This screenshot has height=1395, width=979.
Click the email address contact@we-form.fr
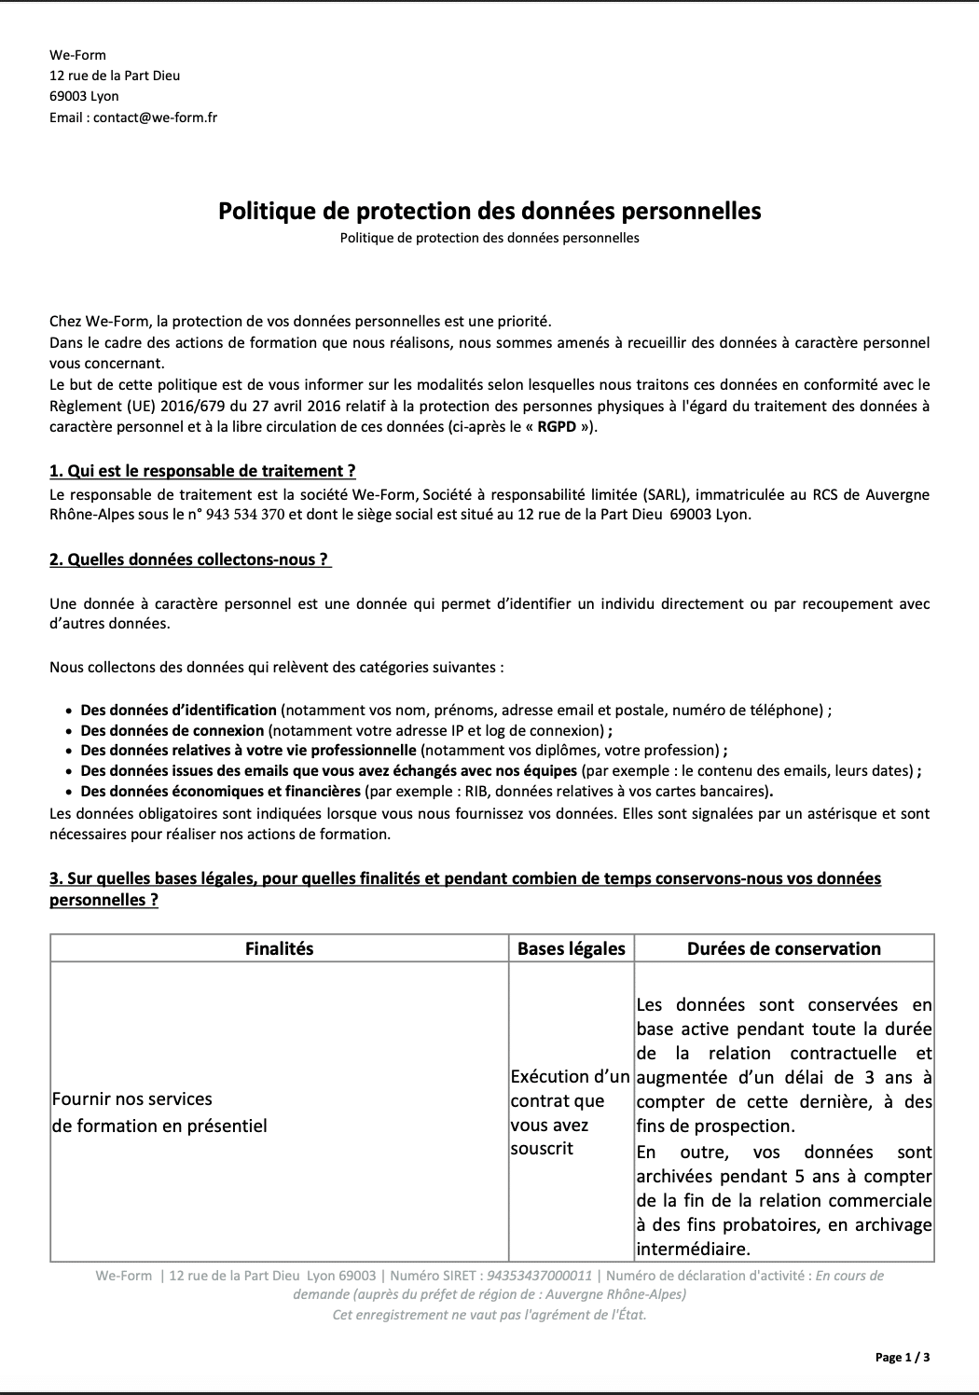(155, 117)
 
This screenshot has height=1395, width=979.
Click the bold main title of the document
(489, 211)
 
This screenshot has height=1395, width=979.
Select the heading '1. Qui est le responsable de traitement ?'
(202, 471)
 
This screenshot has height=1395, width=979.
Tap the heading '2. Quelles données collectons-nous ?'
(189, 559)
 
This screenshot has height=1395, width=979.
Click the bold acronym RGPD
(557, 427)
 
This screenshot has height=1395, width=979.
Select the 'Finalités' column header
(279, 948)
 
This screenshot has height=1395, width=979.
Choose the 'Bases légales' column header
(571, 948)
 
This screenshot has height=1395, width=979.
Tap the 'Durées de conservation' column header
(783, 948)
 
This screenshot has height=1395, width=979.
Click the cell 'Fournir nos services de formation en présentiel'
(159, 1112)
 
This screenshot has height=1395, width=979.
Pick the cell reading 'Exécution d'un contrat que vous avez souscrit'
(570, 1112)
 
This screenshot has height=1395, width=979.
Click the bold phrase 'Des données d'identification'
(178, 710)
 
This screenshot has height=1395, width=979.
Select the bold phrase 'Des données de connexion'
(172, 730)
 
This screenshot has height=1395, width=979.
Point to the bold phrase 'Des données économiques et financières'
(220, 792)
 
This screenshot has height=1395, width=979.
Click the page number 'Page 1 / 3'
(902, 1358)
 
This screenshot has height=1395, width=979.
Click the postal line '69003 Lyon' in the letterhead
(84, 96)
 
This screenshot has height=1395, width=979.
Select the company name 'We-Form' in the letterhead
(77, 55)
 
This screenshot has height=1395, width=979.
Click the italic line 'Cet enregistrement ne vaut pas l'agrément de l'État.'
(489, 1315)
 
